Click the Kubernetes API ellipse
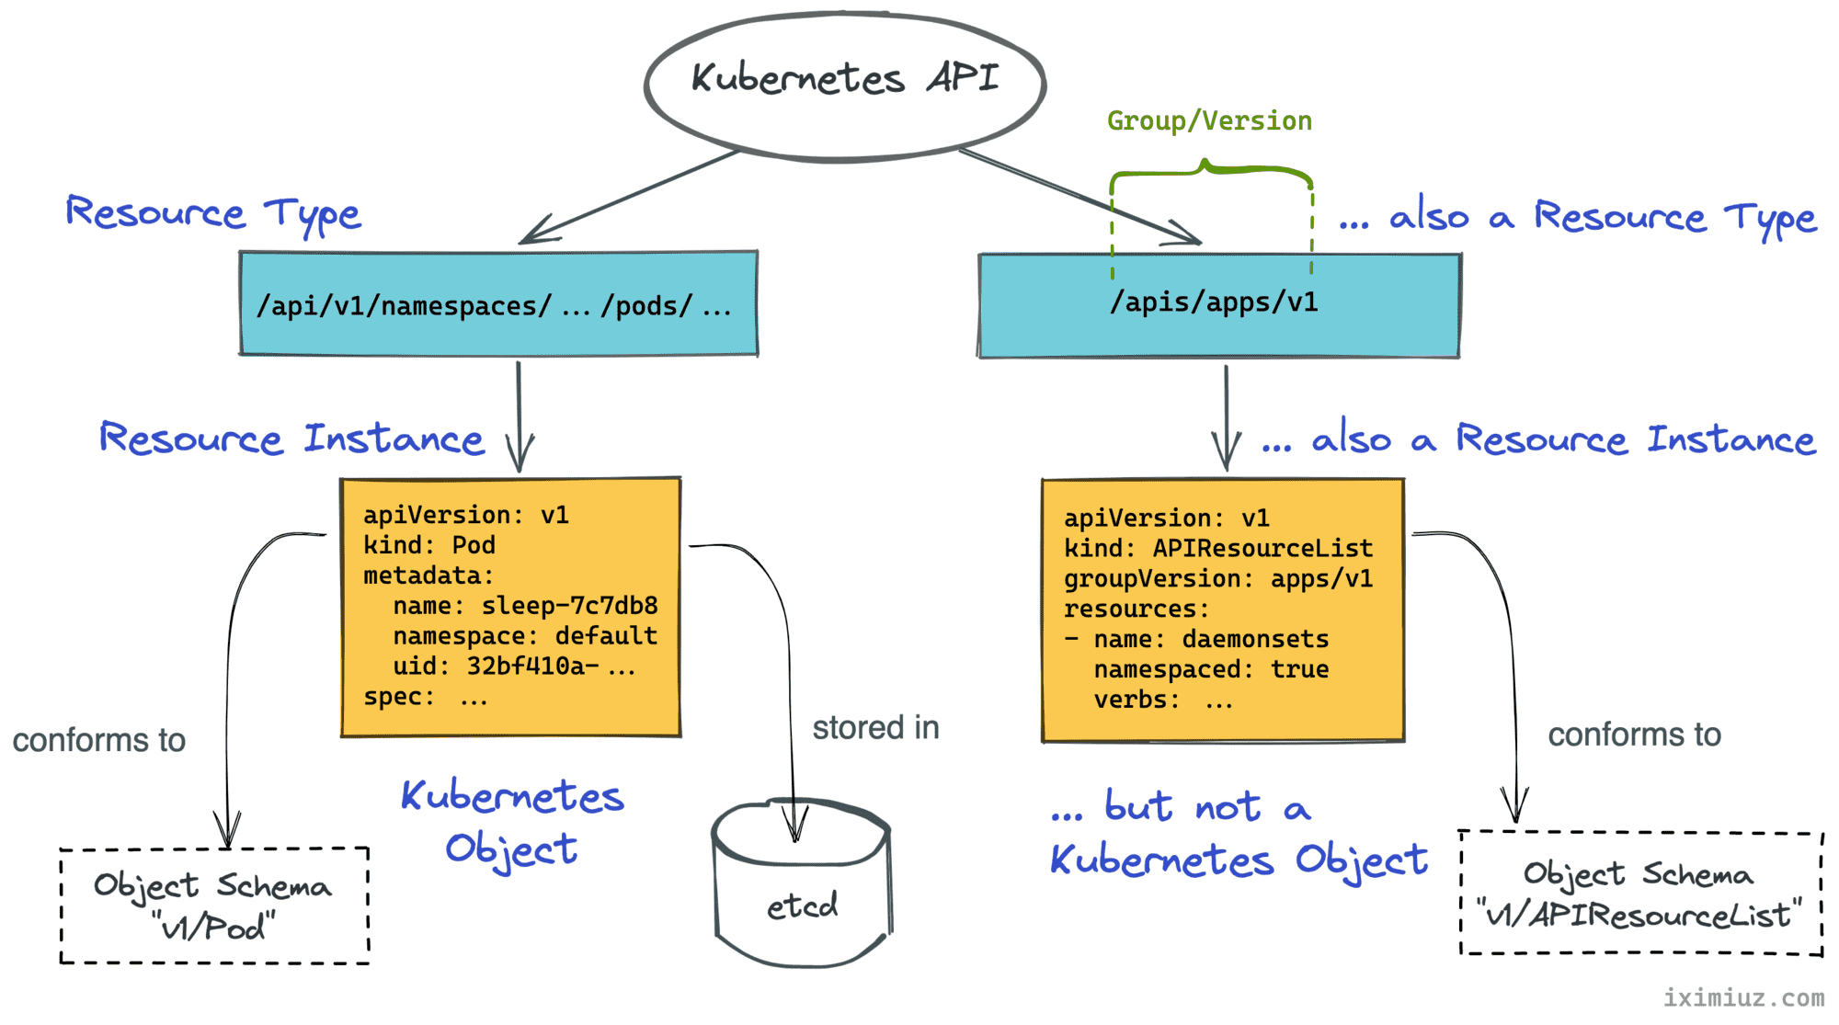click(x=844, y=85)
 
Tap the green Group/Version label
click(x=1209, y=120)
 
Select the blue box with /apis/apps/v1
click(x=1218, y=305)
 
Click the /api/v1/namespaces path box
click(x=498, y=303)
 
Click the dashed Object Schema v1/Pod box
click(x=214, y=905)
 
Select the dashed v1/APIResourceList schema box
click(x=1640, y=894)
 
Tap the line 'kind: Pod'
click(x=429, y=545)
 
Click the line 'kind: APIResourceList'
click(x=1218, y=548)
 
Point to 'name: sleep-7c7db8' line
click(x=525, y=606)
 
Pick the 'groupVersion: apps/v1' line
click(x=1218, y=578)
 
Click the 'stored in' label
click(x=875, y=728)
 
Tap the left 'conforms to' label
click(x=99, y=740)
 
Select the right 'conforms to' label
click(x=1634, y=735)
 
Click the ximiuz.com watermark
click(x=1743, y=997)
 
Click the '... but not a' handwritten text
click(x=1181, y=807)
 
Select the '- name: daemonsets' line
click(x=1196, y=639)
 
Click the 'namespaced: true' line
click(x=1211, y=669)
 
